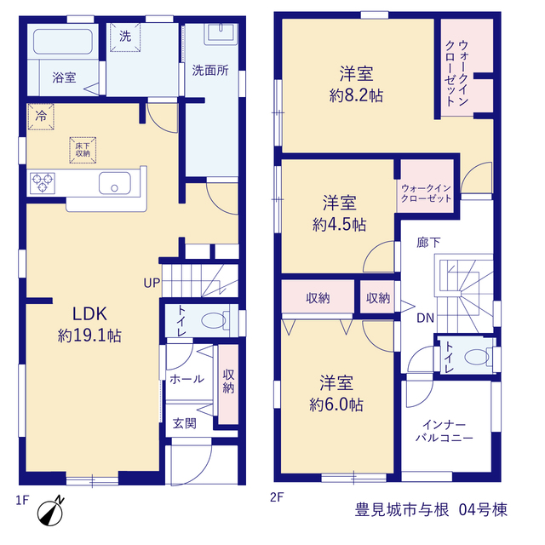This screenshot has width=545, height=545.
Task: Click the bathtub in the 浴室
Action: click(x=63, y=42)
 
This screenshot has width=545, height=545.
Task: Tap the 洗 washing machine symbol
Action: click(x=125, y=37)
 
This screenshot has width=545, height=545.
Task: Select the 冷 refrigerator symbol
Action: click(x=41, y=117)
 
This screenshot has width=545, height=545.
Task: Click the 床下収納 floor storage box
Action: click(x=83, y=150)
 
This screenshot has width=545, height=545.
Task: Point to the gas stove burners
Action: click(x=43, y=183)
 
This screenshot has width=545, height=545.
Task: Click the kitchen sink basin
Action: click(x=115, y=183)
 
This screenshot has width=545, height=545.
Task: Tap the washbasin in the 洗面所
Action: click(x=221, y=33)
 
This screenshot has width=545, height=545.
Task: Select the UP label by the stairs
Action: click(x=152, y=283)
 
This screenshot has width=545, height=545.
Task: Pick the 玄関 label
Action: click(x=185, y=423)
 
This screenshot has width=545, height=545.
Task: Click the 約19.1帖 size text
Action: click(x=89, y=336)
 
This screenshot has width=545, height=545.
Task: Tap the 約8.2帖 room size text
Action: click(x=356, y=95)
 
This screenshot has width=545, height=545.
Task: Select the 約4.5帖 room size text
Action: click(x=339, y=225)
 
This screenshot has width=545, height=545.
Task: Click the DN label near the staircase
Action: click(x=426, y=318)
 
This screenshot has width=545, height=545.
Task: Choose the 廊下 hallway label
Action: click(x=428, y=242)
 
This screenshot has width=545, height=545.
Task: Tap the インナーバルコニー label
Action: click(x=445, y=431)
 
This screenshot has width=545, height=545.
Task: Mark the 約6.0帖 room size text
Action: click(x=336, y=404)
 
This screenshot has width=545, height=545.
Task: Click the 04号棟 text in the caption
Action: click(x=483, y=510)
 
